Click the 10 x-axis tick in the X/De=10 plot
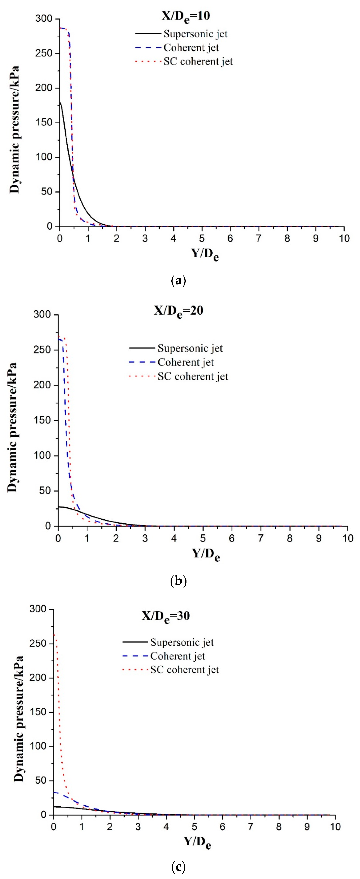click(x=344, y=238)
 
